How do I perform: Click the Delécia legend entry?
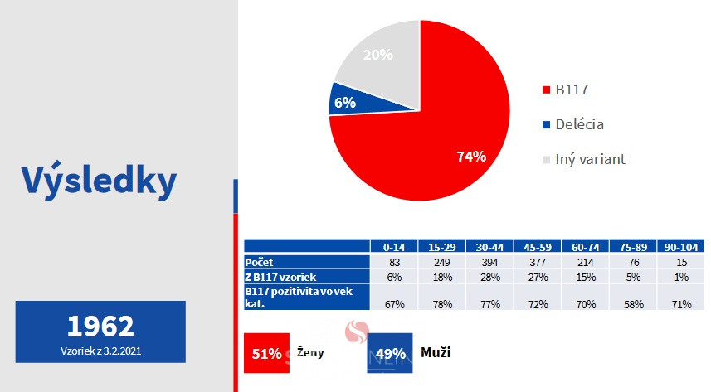pyautogui.click(x=573, y=124)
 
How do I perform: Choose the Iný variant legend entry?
pyautogui.click(x=584, y=159)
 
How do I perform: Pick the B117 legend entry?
pyautogui.click(x=566, y=90)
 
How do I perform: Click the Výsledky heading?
pyautogui.click(x=99, y=181)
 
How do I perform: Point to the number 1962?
pyautogui.click(x=100, y=326)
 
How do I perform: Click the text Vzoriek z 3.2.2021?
pyautogui.click(x=100, y=351)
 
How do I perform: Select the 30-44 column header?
pyautogui.click(x=489, y=247)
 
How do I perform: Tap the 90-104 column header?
pyautogui.click(x=681, y=247)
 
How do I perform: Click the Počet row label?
pyautogui.click(x=260, y=262)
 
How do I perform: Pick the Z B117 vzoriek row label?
pyautogui.click(x=280, y=277)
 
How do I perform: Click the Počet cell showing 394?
pyautogui.click(x=489, y=262)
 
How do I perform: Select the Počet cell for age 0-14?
pyautogui.click(x=394, y=262)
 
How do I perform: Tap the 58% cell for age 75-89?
pyautogui.click(x=634, y=304)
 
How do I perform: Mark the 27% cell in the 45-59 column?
pyautogui.click(x=538, y=277)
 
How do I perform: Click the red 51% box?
pyautogui.click(x=266, y=353)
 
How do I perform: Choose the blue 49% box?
pyautogui.click(x=390, y=353)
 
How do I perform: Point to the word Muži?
pyautogui.click(x=436, y=352)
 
